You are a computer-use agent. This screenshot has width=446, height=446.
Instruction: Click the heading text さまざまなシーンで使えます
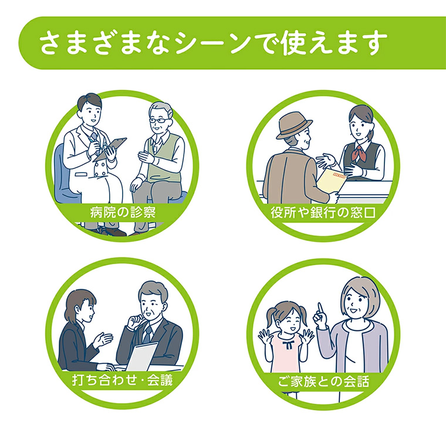pyautogui.click(x=214, y=43)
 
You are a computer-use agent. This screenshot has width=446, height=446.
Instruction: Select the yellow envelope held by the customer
pyautogui.click(x=330, y=180)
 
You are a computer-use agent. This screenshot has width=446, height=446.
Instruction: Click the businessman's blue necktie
pyautogui.click(x=147, y=334)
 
